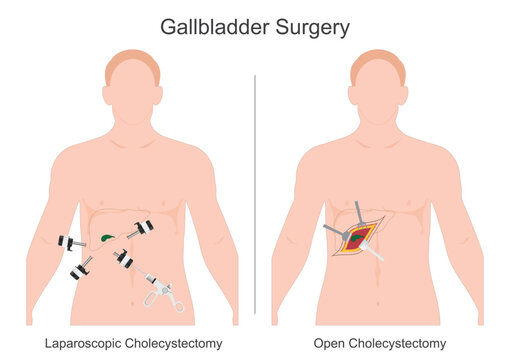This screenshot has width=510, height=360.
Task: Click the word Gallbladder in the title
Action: click(208, 27)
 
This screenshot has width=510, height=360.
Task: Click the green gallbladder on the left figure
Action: click(106, 238)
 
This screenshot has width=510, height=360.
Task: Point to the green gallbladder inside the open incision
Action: click(358, 240)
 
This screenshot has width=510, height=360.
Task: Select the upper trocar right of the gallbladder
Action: click(141, 230)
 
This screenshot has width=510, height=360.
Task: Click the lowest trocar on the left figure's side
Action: click(81, 268)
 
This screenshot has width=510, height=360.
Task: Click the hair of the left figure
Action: click(132, 62)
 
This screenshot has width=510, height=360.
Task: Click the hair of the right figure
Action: click(378, 62)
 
